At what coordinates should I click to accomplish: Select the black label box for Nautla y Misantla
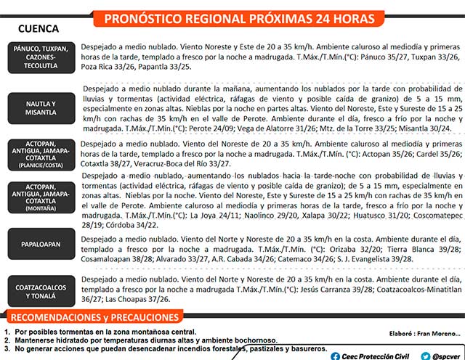pos(41,108)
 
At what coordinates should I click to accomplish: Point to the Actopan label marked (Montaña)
pos(41,196)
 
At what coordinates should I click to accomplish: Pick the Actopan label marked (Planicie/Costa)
pos(41,154)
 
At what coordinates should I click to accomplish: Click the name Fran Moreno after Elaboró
pos(439,333)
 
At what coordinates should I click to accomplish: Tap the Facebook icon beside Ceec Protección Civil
pos(334,355)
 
